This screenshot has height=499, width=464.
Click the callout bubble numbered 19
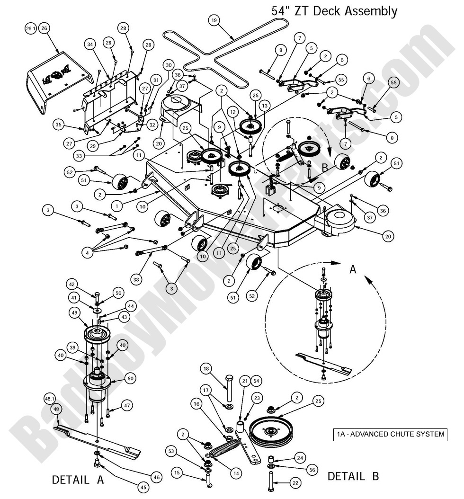(214, 20)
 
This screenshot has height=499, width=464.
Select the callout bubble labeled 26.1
(31, 29)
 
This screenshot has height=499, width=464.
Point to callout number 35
(59, 125)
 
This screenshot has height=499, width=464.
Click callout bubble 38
(136, 280)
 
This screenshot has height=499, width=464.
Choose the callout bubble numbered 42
(72, 285)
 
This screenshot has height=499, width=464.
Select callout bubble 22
(294, 482)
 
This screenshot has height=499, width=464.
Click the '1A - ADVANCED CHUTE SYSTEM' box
(390, 434)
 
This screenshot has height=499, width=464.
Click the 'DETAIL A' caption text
(78, 479)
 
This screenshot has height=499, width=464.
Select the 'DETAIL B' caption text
(353, 476)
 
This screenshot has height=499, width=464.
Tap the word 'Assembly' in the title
(368, 10)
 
